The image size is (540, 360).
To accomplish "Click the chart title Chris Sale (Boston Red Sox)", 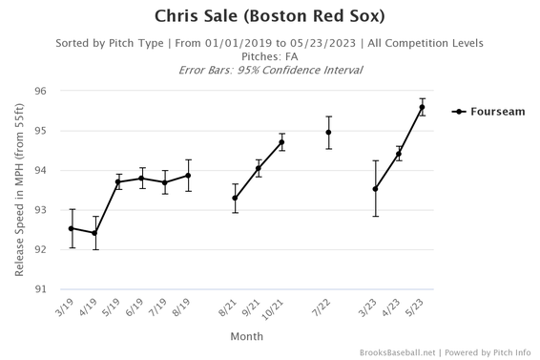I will (269, 16).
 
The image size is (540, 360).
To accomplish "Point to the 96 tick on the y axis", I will (40, 92).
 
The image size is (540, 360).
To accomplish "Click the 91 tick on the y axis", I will (40, 289).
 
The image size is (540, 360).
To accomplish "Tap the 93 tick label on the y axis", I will (40, 210).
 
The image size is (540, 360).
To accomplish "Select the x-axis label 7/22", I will (325, 308).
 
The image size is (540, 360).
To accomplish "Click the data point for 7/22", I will (329, 133).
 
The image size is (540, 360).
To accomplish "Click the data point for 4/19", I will (94, 233).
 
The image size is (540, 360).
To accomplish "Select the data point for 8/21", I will (235, 199).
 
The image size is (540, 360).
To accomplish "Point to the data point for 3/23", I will (376, 189).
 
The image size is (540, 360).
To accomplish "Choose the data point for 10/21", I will (281, 142).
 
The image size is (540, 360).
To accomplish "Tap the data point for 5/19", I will (118, 181).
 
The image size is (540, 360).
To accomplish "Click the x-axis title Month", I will (246, 336).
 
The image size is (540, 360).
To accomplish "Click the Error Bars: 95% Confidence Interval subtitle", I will (269, 70).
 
